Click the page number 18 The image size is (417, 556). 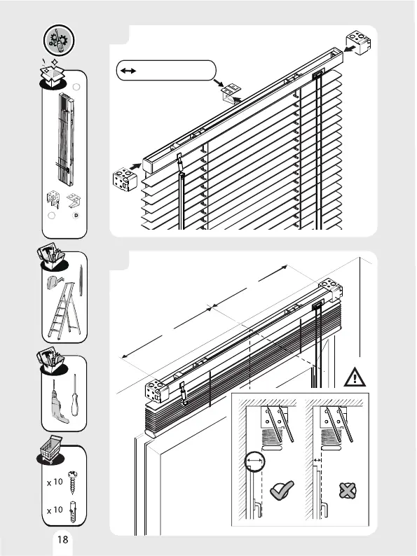click(62, 539)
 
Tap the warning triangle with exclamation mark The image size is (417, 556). click(355, 377)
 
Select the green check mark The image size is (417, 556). click(282, 490)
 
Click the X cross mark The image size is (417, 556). click(348, 490)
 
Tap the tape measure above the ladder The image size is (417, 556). click(54, 282)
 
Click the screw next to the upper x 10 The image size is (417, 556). click(72, 482)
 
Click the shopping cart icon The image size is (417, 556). click(50, 449)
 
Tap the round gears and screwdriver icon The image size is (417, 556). click(60, 40)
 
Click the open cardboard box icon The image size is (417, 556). click(52, 74)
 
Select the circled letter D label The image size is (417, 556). click(76, 215)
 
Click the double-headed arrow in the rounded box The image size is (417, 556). click(128, 71)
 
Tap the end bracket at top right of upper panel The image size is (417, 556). click(358, 42)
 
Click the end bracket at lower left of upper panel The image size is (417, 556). click(125, 179)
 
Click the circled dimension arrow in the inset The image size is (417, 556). click(255, 461)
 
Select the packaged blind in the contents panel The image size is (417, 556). click(66, 139)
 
